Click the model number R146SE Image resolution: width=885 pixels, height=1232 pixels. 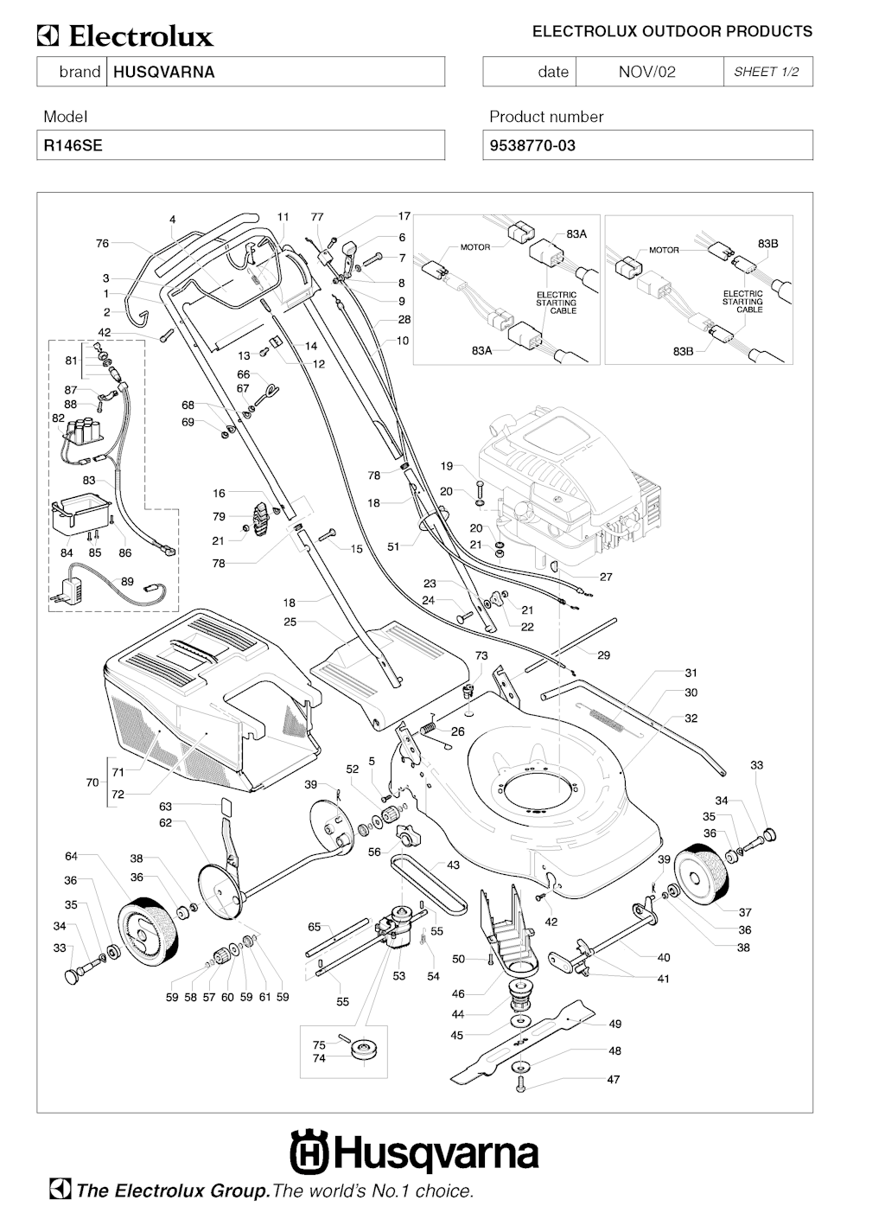(73, 145)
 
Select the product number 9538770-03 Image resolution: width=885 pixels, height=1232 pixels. (532, 145)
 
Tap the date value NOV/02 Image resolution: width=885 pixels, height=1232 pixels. (646, 72)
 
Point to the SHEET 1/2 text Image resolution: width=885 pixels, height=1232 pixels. (767, 72)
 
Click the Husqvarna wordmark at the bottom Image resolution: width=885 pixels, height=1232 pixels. (415, 1154)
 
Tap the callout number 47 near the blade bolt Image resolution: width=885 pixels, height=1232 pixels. (613, 1080)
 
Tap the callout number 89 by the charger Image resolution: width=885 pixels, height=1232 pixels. (127, 582)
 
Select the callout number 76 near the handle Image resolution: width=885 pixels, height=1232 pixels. (102, 244)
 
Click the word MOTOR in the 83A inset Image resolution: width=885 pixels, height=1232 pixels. (474, 247)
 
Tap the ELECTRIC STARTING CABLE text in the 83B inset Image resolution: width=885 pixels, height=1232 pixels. (742, 302)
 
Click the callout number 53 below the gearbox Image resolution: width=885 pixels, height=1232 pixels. (398, 976)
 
